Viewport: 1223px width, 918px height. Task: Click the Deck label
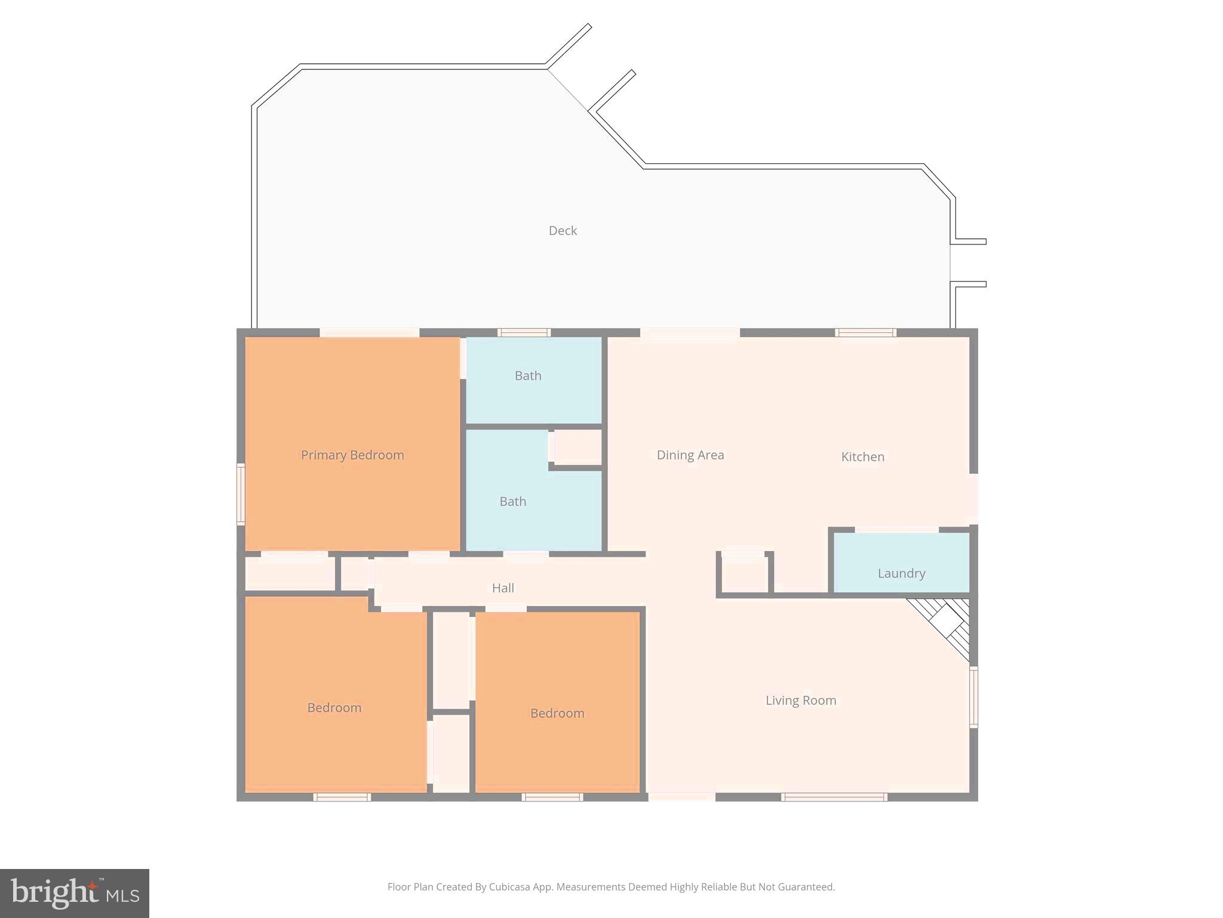click(563, 231)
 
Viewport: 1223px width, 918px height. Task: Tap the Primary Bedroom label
click(352, 455)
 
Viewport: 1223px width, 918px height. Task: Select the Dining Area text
click(690, 455)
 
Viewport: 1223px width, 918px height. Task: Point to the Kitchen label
click(862, 457)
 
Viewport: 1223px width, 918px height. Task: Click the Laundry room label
click(901, 574)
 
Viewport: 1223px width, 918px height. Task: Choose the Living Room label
click(801, 700)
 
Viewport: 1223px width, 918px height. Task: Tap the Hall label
click(503, 588)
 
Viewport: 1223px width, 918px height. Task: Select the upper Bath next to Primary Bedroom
click(528, 376)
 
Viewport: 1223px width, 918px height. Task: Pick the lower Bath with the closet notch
click(512, 501)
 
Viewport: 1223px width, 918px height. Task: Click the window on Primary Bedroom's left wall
click(241, 494)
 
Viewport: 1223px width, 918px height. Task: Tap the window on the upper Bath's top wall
click(524, 333)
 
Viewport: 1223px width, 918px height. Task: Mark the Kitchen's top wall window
click(865, 333)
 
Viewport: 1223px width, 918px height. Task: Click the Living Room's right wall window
click(973, 697)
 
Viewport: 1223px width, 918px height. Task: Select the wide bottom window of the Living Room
click(834, 797)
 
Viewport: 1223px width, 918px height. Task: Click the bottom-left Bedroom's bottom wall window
click(342, 797)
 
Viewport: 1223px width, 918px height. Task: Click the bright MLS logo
click(75, 893)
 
